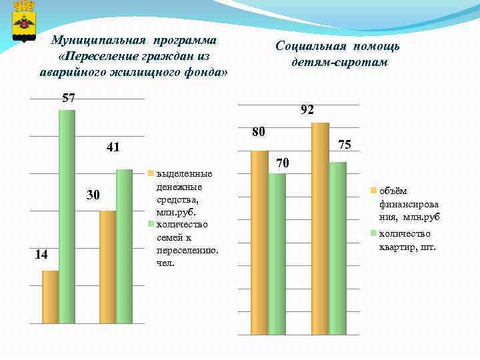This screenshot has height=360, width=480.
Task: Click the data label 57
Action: pos(68,98)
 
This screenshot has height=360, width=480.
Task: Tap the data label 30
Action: pos(92,195)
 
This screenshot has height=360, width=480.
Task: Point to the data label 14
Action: pos(41,255)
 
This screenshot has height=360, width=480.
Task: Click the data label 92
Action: pos(307,110)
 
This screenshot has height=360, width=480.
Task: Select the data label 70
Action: pos(282,162)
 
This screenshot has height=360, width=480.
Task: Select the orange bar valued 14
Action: pos(50,297)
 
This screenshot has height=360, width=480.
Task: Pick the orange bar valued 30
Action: pos(107,267)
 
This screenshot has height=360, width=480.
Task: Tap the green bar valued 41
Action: pos(124,247)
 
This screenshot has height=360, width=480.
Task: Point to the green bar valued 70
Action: pos(277,253)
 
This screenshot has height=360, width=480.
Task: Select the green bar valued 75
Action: pos(337,247)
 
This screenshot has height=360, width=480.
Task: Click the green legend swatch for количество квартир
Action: pos(374,233)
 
